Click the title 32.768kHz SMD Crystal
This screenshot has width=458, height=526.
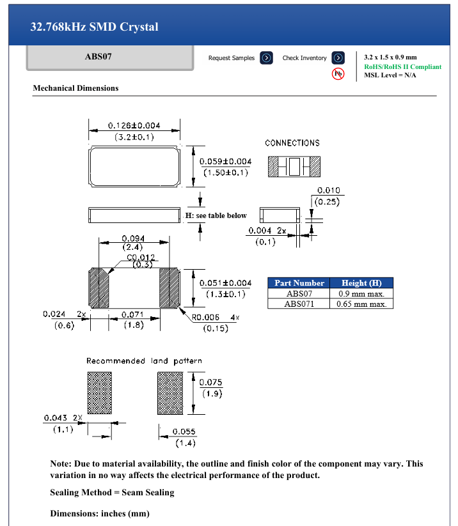[95, 27]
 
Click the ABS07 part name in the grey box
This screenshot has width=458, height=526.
[99, 57]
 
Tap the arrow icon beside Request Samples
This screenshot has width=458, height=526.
[267, 58]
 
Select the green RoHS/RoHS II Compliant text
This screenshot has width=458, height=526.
[402, 66]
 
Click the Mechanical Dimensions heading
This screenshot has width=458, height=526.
[75, 88]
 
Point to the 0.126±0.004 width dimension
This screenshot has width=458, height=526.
[134, 125]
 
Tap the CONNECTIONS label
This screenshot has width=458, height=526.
[292, 143]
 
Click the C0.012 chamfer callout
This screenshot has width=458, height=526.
[140, 257]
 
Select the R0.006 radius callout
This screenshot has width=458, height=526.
[206, 317]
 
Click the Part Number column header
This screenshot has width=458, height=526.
[299, 282]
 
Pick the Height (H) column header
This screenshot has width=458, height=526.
[362, 282]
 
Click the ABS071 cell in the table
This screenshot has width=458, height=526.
[299, 304]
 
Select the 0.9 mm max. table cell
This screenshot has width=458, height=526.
[362, 293]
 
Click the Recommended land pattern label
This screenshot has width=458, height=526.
[145, 361]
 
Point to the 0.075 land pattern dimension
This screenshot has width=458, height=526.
[211, 382]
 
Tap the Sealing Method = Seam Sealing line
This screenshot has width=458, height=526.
[112, 493]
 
